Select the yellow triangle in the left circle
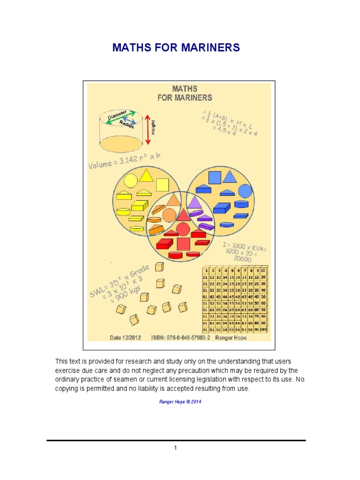[x=146, y=176]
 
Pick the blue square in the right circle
[x=214, y=178]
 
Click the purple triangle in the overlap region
[x=194, y=202]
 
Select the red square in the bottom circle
[x=183, y=244]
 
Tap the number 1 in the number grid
[x=206, y=271]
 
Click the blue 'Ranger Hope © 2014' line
[x=180, y=402]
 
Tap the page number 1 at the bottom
[x=175, y=448]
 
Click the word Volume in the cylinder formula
[x=100, y=165]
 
